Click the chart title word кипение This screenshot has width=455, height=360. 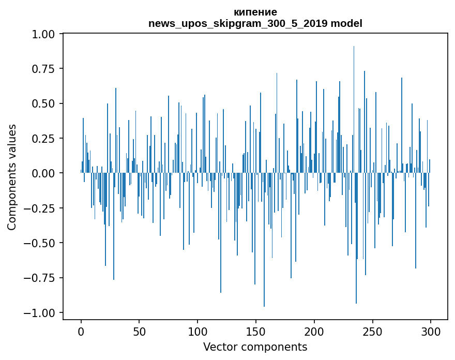255,12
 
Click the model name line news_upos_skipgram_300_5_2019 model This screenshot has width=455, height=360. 255,23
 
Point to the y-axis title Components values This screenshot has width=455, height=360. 12,177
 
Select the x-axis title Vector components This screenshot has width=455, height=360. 255,347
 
